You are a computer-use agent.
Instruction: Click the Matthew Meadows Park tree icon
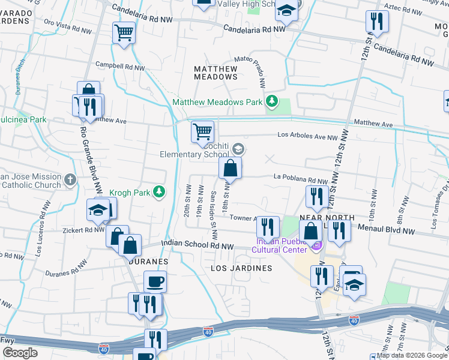pyautogui.click(x=273, y=101)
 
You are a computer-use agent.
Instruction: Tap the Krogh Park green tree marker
pyautogui.click(x=159, y=192)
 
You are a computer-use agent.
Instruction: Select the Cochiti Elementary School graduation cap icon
pyautogui.click(x=238, y=149)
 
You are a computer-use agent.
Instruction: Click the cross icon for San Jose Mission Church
pyautogui.click(x=70, y=179)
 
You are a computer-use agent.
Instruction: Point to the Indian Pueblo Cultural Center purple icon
pyautogui.click(x=317, y=245)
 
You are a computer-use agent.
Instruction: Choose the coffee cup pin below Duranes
pyautogui.click(x=155, y=281)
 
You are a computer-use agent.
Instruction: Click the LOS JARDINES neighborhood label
pyautogui.click(x=241, y=268)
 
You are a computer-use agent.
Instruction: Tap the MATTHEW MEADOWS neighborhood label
pyautogui.click(x=215, y=73)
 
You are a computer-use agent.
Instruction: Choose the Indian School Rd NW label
pyautogui.click(x=196, y=245)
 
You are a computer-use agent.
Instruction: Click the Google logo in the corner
pyautogui.click(x=20, y=352)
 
